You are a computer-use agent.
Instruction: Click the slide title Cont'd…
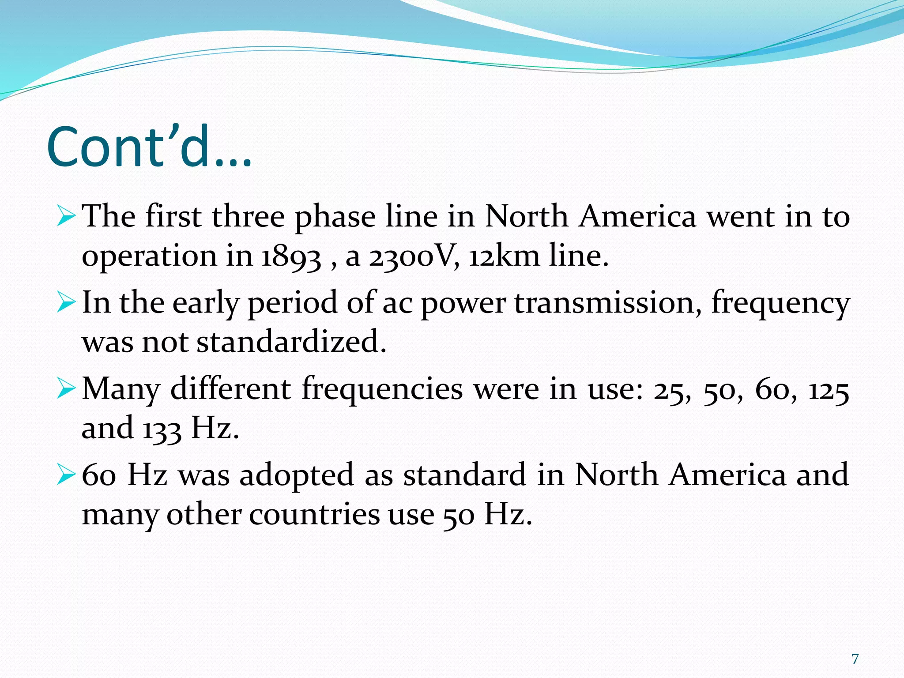pos(149,147)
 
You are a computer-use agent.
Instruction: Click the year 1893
pos(291,256)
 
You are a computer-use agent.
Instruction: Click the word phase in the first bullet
pos(335,216)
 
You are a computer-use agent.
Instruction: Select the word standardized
pos(291,342)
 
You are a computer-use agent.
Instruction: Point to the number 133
pos(162,429)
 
